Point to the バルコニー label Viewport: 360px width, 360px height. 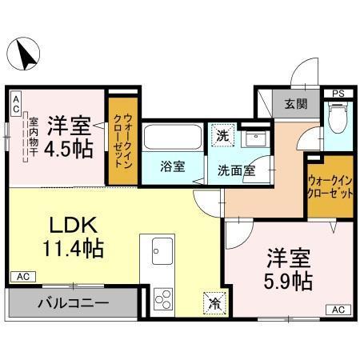[71, 303]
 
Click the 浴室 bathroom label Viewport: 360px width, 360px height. [172, 166]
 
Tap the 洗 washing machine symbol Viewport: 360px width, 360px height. [224, 134]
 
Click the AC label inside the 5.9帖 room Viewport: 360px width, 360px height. [337, 309]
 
